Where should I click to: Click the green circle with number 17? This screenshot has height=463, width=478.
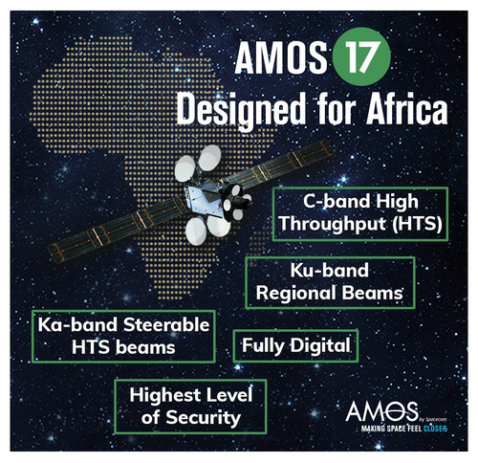coord(361,56)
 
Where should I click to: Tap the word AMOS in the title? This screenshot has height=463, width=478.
coord(281,57)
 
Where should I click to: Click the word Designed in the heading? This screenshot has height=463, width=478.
coord(241,110)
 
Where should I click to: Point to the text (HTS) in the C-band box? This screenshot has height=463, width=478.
coord(417,223)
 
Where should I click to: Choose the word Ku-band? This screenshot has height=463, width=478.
coord(330,271)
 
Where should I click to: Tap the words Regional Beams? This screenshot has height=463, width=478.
coord(330,293)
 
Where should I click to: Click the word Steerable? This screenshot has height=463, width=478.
coord(166,325)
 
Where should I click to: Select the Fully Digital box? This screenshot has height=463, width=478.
coord(295,345)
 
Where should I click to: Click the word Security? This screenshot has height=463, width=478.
coord(204,418)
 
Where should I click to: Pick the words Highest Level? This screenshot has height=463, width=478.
coord(191,395)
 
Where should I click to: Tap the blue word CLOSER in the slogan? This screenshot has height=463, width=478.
coord(435,429)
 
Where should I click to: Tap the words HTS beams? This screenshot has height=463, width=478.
coord(123,347)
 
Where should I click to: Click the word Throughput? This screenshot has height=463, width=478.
coord(333,223)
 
